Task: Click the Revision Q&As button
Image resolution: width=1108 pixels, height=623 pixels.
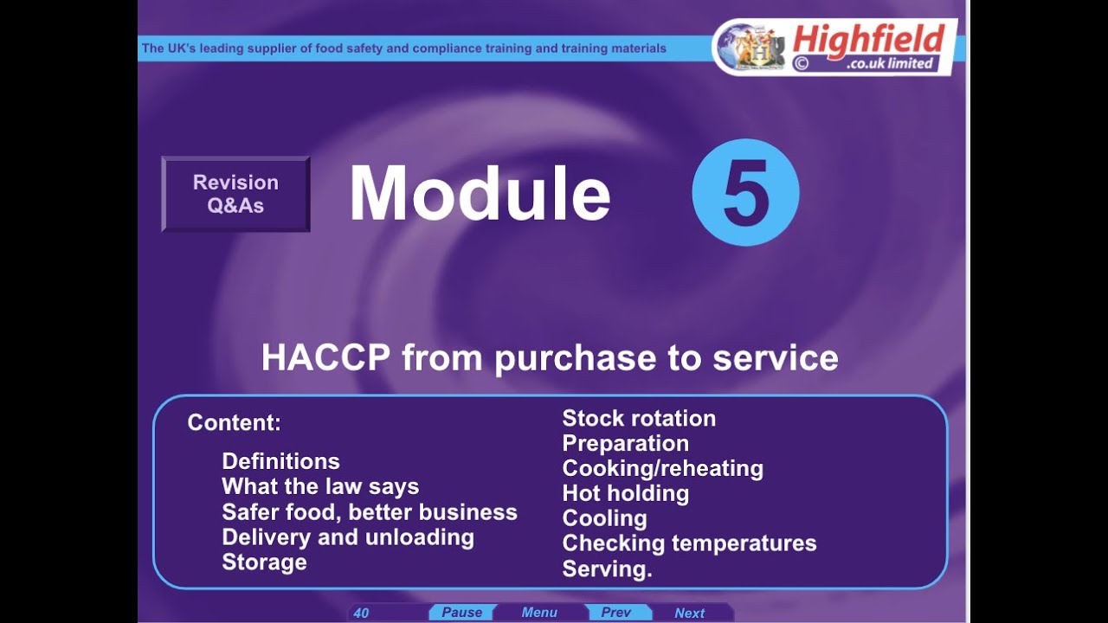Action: pos(235,194)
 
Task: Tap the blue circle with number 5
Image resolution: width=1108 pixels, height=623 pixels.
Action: pos(745,193)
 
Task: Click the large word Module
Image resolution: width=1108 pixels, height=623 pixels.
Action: pos(480,193)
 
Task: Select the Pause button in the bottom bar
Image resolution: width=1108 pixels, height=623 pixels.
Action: pos(461,613)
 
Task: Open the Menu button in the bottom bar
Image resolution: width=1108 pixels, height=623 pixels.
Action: pos(539,613)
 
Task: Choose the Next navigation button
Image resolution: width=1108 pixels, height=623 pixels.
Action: pos(689,613)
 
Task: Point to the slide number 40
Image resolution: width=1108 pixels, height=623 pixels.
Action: pos(361,613)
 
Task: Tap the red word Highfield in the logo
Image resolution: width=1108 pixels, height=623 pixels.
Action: pos(868,40)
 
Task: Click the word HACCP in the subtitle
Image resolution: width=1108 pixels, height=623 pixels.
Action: pos(326,357)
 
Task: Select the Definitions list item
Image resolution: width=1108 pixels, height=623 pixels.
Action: pos(280,461)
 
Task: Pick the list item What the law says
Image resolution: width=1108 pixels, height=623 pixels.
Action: pos(320,486)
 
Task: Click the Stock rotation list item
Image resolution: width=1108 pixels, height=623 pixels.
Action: pos(639,418)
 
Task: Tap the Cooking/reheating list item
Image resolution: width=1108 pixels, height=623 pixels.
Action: pos(662,468)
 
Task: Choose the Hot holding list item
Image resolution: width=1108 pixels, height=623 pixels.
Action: pos(625,493)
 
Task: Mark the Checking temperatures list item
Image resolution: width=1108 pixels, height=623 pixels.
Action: pos(689,543)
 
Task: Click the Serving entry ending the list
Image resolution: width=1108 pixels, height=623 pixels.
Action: pos(607,568)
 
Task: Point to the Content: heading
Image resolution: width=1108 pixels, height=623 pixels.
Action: pos(234,422)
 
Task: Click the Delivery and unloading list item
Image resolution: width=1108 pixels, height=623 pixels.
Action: pos(348,536)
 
